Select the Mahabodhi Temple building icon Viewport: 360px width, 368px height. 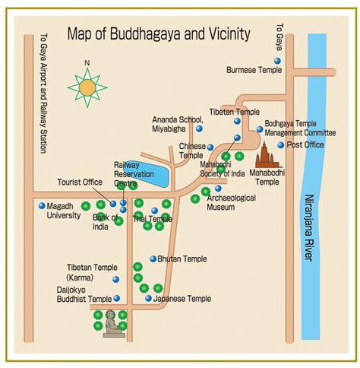267,157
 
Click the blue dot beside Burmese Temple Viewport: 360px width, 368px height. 277,60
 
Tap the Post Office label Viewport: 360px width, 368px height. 306,144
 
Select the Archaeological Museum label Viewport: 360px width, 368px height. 231,201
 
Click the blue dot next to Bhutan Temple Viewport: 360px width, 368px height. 153,259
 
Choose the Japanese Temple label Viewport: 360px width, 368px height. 182,299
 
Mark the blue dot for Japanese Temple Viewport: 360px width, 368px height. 149,298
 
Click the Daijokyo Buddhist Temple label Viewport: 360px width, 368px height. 84,294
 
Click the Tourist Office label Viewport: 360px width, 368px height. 79,182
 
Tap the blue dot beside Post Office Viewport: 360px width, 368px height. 280,144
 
